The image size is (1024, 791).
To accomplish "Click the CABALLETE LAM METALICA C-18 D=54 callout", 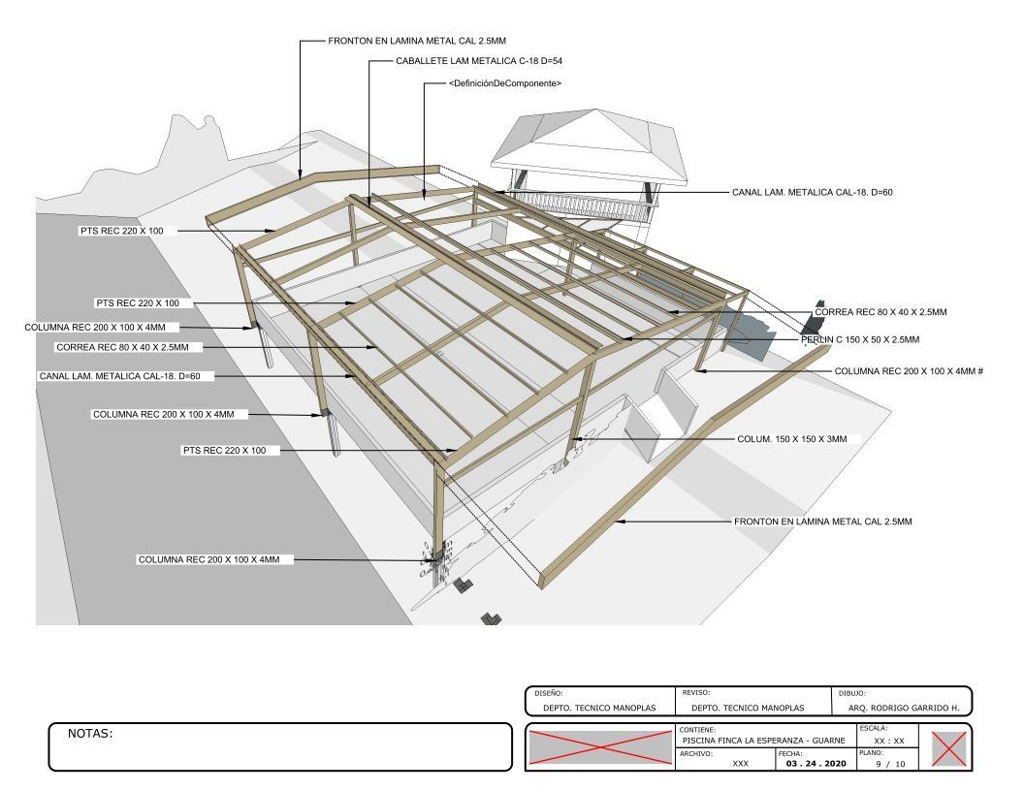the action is point(479,61).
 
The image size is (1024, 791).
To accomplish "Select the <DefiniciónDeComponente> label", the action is point(505,83).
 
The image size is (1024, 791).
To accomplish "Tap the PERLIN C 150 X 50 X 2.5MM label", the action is point(860,339).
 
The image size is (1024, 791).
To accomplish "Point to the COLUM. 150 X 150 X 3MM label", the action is point(791,439).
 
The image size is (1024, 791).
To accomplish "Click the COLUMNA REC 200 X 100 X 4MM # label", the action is point(909,371).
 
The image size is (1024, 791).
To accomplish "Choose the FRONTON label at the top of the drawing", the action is point(417,41).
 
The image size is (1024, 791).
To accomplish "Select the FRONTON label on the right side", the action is point(823,522).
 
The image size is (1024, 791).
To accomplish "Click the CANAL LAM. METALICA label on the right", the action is point(812,193).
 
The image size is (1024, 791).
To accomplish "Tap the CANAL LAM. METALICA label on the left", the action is point(119,376).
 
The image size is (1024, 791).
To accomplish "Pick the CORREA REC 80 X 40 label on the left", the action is point(122,347).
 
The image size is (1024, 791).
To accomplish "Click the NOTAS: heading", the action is point(90,734).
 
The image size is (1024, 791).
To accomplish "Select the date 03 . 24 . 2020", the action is point(816,764).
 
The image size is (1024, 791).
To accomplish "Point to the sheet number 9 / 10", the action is point(891,764).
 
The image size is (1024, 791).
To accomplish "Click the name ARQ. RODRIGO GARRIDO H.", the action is point(904,708).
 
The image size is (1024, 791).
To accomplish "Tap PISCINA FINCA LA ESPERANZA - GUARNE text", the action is point(763,741).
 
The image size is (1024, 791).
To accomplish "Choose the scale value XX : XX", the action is point(889,741).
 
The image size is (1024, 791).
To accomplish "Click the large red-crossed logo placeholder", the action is point(599,747).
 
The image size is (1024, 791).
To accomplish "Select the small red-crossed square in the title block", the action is point(948,748).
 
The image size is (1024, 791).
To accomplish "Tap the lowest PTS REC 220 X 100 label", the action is point(224,451).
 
